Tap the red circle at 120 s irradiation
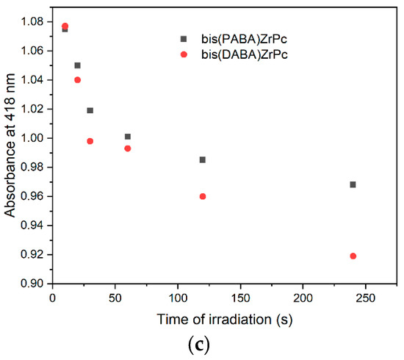(203, 196)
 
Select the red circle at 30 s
(90, 141)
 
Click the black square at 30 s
(90, 110)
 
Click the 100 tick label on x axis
(178, 298)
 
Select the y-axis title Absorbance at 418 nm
(10, 152)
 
